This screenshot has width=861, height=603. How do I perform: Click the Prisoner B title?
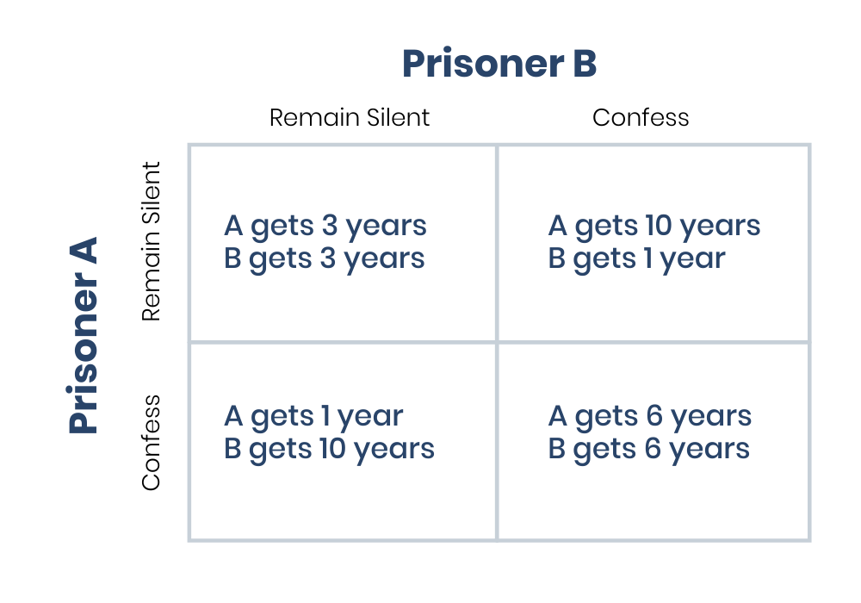(x=499, y=64)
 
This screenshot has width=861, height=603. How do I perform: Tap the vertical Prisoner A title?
(x=84, y=335)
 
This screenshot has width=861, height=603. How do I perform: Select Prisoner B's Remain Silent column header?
(x=349, y=117)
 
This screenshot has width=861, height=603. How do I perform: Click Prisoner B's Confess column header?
(x=641, y=117)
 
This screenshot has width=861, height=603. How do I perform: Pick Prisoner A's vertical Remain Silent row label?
(x=152, y=242)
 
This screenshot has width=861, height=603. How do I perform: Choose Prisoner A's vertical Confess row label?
(x=152, y=443)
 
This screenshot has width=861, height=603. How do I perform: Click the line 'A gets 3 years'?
(x=325, y=226)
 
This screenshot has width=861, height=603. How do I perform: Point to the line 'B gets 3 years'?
(x=324, y=258)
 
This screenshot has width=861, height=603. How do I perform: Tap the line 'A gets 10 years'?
(x=653, y=226)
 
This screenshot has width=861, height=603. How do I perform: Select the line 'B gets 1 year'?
(x=636, y=258)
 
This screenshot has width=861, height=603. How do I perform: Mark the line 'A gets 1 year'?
(x=313, y=416)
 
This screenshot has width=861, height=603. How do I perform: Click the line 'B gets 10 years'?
(x=329, y=449)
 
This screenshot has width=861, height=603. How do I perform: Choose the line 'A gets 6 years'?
(x=649, y=416)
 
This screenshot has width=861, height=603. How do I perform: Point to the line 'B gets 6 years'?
(x=648, y=449)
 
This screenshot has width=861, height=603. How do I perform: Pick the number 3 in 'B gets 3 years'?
(x=329, y=258)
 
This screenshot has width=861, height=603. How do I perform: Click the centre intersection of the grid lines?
(x=497, y=342)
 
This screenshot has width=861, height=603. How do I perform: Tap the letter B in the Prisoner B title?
(x=583, y=64)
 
